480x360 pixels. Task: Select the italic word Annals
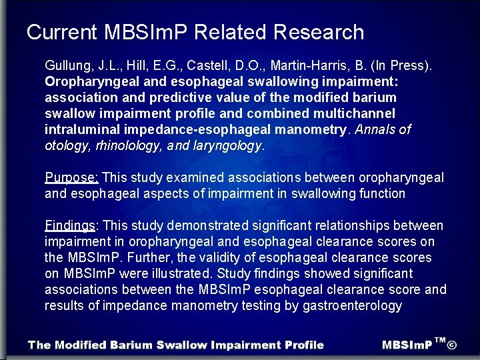(377, 130)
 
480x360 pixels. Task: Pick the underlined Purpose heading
(71, 178)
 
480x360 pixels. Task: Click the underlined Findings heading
(70, 226)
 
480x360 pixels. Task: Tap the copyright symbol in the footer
(452, 345)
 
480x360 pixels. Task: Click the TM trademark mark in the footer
(439, 341)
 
